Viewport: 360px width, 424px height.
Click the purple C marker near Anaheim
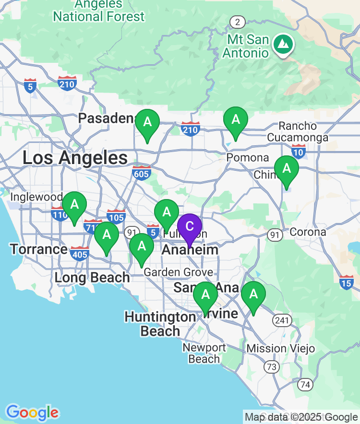pyautogui.click(x=190, y=227)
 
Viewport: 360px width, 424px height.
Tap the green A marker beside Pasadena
pyautogui.click(x=147, y=122)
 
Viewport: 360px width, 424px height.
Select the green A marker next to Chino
pyautogui.click(x=287, y=169)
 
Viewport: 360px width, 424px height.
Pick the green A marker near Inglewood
pyautogui.click(x=74, y=205)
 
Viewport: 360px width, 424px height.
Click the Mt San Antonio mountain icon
pyautogui.click(x=284, y=45)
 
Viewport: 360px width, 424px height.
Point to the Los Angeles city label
pyautogui.click(x=75, y=158)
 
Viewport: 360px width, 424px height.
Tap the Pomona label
pyautogui.click(x=248, y=158)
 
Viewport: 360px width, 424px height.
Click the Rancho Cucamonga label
pyautogui.click(x=304, y=132)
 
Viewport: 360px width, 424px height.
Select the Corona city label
pyautogui.click(x=308, y=232)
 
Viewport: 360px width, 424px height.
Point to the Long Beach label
pyautogui.click(x=92, y=277)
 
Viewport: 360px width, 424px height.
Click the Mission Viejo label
pyautogui.click(x=281, y=348)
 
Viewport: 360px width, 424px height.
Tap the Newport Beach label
pyautogui.click(x=204, y=353)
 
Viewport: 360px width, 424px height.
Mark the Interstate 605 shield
pyautogui.click(x=142, y=173)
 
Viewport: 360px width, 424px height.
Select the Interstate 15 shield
pyautogui.click(x=347, y=282)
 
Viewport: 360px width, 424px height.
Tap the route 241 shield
pyautogui.click(x=280, y=320)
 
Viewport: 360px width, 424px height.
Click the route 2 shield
pyautogui.click(x=237, y=22)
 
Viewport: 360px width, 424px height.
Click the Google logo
pyautogui.click(x=32, y=412)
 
